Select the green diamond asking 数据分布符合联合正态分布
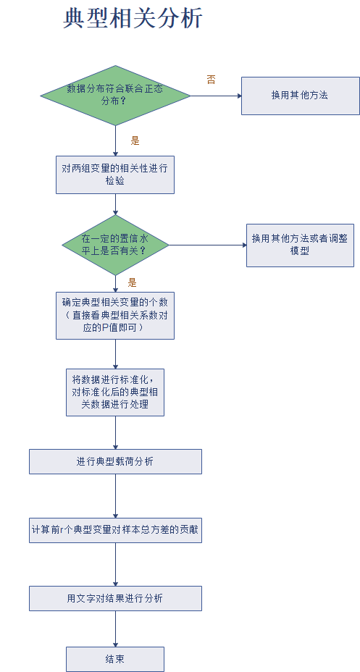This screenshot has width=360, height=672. coord(115,95)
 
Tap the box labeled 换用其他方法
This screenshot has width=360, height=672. coord(300,96)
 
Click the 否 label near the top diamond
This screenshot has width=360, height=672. coord(211,80)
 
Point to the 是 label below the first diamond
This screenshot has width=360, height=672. coord(135,140)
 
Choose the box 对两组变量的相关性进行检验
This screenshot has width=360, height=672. coord(115,175)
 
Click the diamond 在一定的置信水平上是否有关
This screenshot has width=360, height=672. coord(115,245)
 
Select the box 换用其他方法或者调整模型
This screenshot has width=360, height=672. coord(300,245)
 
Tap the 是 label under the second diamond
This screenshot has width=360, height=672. coord(133,282)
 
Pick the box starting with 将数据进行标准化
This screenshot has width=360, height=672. coord(115,392)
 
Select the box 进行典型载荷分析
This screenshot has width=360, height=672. coord(115,461)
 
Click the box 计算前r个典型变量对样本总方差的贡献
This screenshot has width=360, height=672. coord(115,530)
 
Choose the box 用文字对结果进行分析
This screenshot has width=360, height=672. coord(115,598)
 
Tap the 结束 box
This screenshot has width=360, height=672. coord(115,659)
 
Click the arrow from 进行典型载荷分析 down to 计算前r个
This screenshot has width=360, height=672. coord(115,495)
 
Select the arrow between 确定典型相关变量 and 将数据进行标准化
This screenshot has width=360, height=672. coord(115,353)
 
